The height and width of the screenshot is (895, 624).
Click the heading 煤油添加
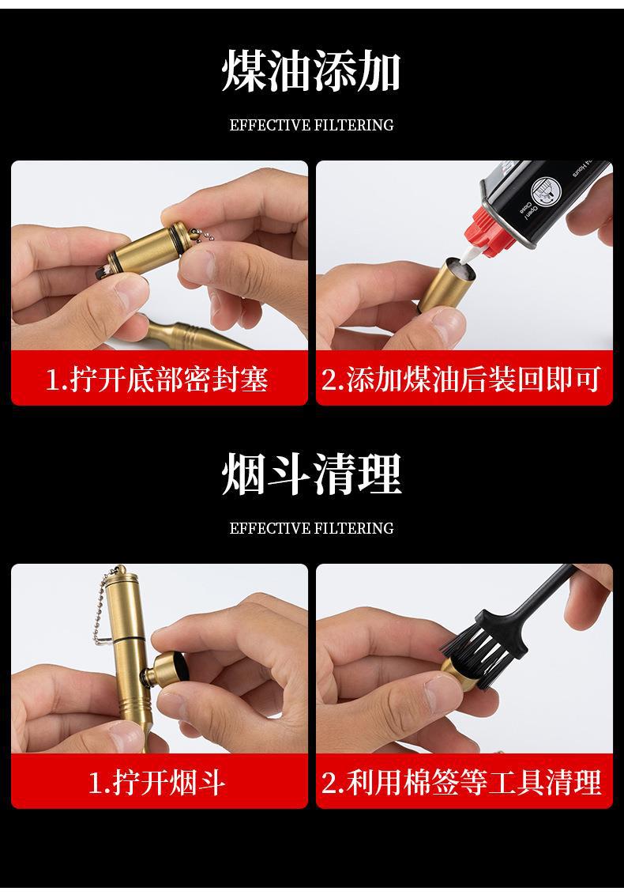[311, 71]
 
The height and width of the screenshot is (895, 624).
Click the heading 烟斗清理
[311, 474]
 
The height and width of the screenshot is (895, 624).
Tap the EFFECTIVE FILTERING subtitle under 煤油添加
[311, 125]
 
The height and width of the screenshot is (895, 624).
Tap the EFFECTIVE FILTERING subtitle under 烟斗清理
[311, 528]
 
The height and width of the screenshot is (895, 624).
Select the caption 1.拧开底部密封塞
[157, 379]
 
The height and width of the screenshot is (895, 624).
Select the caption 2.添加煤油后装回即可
[460, 379]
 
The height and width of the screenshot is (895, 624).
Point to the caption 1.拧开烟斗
[157, 782]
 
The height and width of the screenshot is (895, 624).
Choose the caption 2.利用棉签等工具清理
[460, 782]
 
